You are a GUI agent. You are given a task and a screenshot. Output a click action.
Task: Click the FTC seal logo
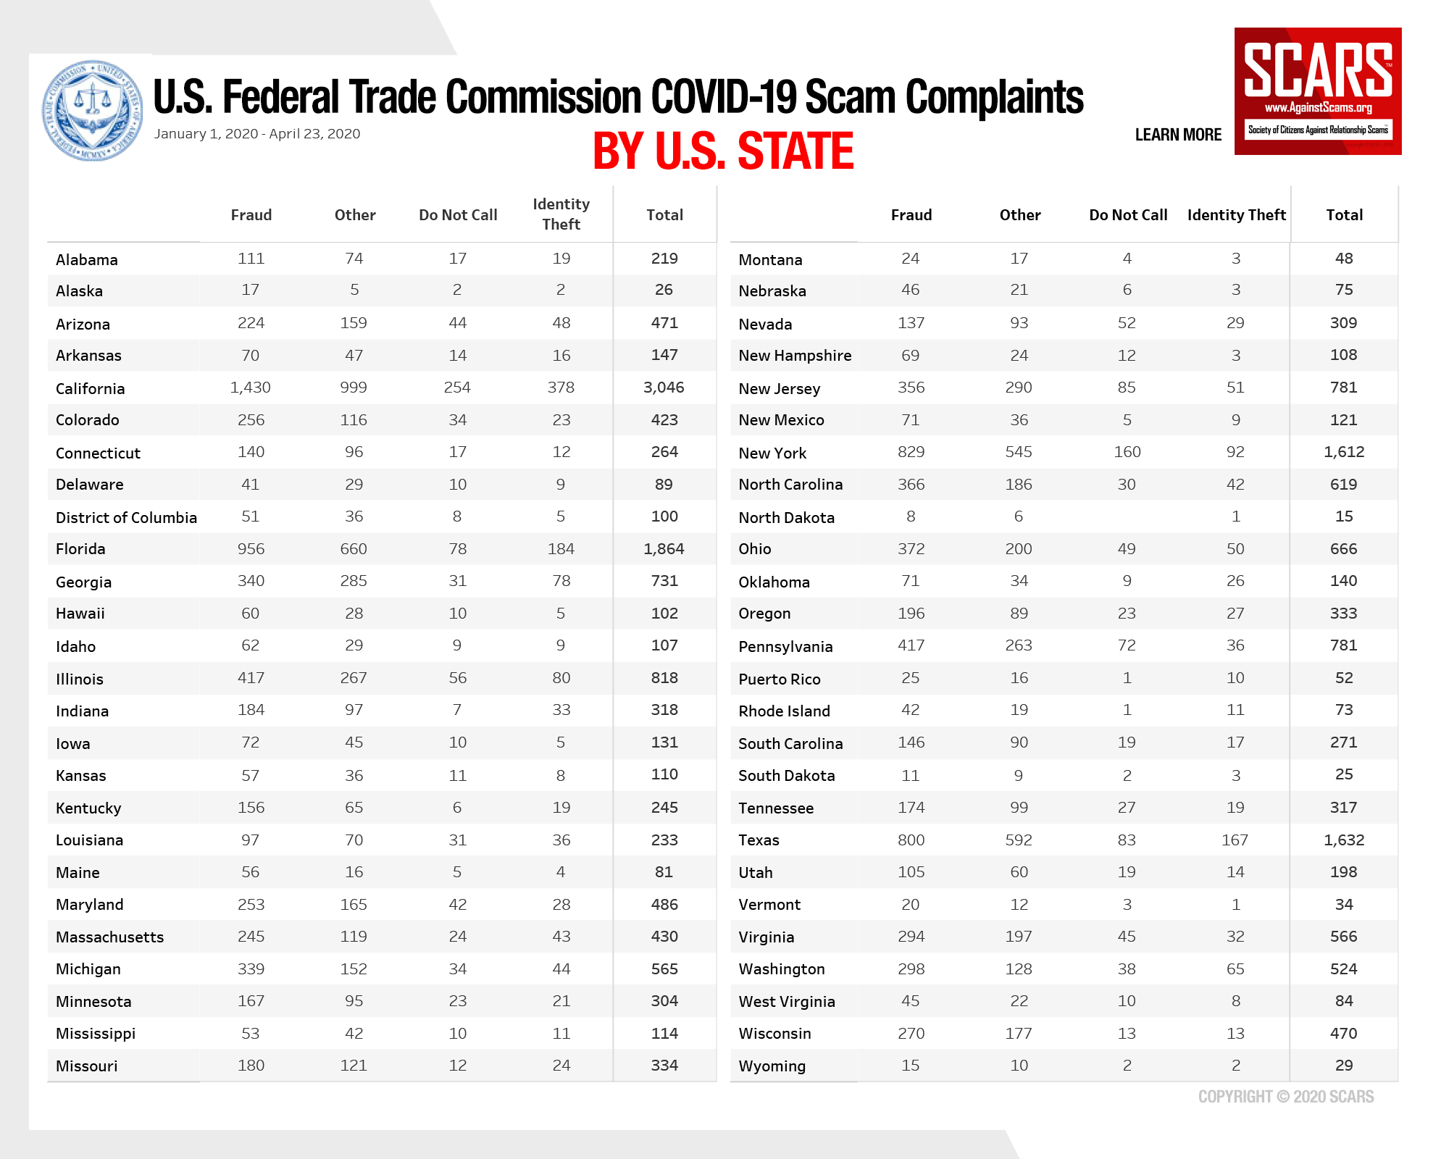pyautogui.click(x=93, y=110)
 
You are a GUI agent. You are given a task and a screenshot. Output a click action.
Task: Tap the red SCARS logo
pyautogui.click(x=1317, y=91)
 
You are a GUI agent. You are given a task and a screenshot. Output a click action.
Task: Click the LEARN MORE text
pyautogui.click(x=1178, y=135)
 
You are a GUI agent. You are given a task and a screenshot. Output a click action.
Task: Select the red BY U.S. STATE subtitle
pyautogui.click(x=723, y=151)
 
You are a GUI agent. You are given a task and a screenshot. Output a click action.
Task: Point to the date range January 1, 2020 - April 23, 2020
pyautogui.click(x=257, y=134)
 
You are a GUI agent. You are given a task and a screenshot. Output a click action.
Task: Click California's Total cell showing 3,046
pyautogui.click(x=664, y=388)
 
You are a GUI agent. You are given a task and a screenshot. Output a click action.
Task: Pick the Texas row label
pyautogui.click(x=759, y=840)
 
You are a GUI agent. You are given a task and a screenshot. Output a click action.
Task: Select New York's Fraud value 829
pyautogui.click(x=911, y=452)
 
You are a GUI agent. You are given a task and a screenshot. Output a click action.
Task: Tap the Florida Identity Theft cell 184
pyautogui.click(x=561, y=549)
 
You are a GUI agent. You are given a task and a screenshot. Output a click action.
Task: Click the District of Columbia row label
pyautogui.click(x=126, y=517)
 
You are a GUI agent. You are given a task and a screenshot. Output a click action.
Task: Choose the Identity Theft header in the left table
pyautogui.click(x=561, y=214)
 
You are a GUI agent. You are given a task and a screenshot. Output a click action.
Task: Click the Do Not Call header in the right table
pyautogui.click(x=1127, y=215)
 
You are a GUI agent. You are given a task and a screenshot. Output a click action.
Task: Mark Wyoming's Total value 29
pyautogui.click(x=1343, y=1066)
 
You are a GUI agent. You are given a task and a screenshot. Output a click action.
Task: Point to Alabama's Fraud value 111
pyautogui.click(x=251, y=259)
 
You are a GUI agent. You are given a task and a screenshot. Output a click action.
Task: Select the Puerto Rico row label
pyautogui.click(x=779, y=679)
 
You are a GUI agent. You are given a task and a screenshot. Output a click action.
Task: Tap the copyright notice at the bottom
pyautogui.click(x=1285, y=1097)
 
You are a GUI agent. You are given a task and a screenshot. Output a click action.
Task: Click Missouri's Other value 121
pyautogui.click(x=354, y=1066)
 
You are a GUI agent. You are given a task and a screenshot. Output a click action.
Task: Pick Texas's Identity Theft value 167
pyautogui.click(x=1235, y=840)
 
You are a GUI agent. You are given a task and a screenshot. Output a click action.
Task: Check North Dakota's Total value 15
pyautogui.click(x=1343, y=516)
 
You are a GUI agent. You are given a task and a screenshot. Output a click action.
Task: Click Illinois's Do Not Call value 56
pyautogui.click(x=457, y=678)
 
